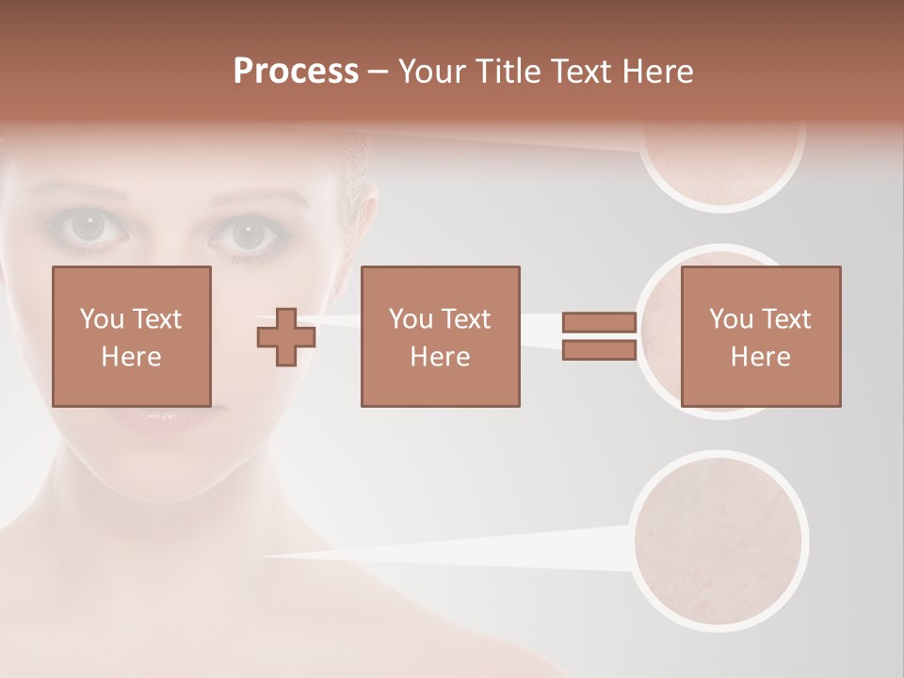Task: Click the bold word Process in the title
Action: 296,72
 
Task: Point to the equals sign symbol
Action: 599,336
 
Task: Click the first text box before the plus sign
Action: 132,336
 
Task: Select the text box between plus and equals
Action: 441,336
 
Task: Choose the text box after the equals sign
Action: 761,336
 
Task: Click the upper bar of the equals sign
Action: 599,323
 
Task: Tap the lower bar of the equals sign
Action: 599,350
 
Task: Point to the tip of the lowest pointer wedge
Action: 264,556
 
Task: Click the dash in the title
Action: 378,73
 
